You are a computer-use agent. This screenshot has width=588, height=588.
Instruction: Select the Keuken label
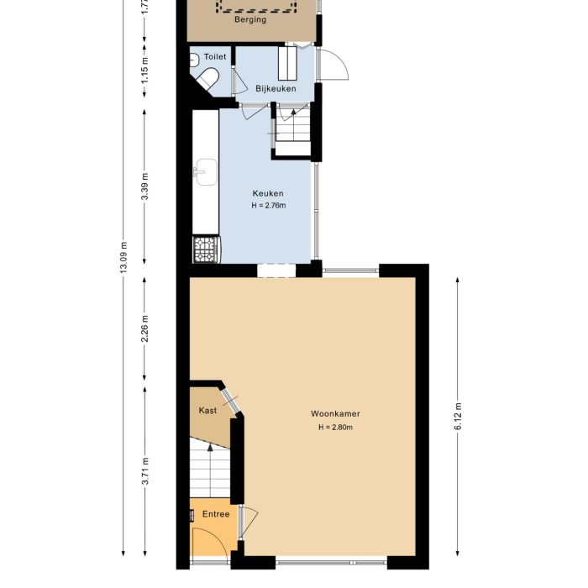268,193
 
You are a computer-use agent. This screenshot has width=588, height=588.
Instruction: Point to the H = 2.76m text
268,206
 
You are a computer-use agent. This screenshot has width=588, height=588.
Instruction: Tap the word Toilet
215,57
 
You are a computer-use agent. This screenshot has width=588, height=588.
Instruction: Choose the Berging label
251,19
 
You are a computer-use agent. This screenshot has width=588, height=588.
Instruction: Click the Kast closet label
207,411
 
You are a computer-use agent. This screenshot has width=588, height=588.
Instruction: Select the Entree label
215,514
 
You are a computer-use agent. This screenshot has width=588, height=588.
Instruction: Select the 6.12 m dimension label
458,415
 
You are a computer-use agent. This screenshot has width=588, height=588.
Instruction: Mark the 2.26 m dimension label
144,328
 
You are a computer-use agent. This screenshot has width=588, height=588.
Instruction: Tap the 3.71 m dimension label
144,470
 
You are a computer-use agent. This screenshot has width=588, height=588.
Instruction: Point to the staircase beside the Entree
202,470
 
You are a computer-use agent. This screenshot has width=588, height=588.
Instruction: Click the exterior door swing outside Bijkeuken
333,66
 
